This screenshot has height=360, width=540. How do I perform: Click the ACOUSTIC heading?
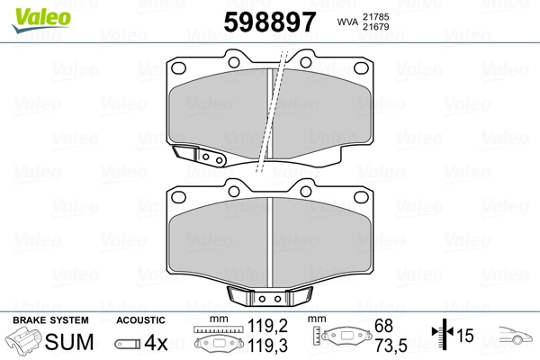[141, 319]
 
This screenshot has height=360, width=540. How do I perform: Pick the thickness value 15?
[465, 337]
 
